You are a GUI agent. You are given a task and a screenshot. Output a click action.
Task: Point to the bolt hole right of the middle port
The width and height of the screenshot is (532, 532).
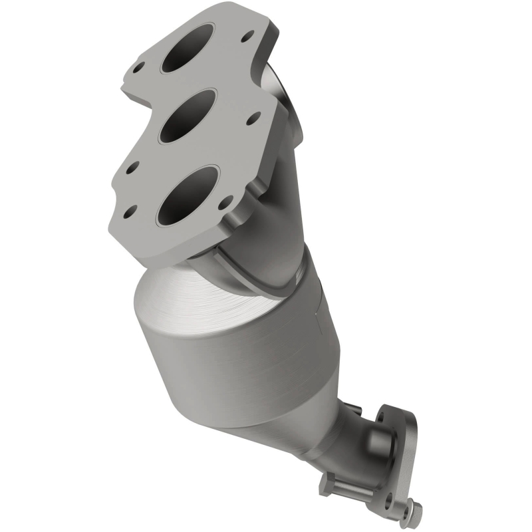(x=255, y=120)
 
